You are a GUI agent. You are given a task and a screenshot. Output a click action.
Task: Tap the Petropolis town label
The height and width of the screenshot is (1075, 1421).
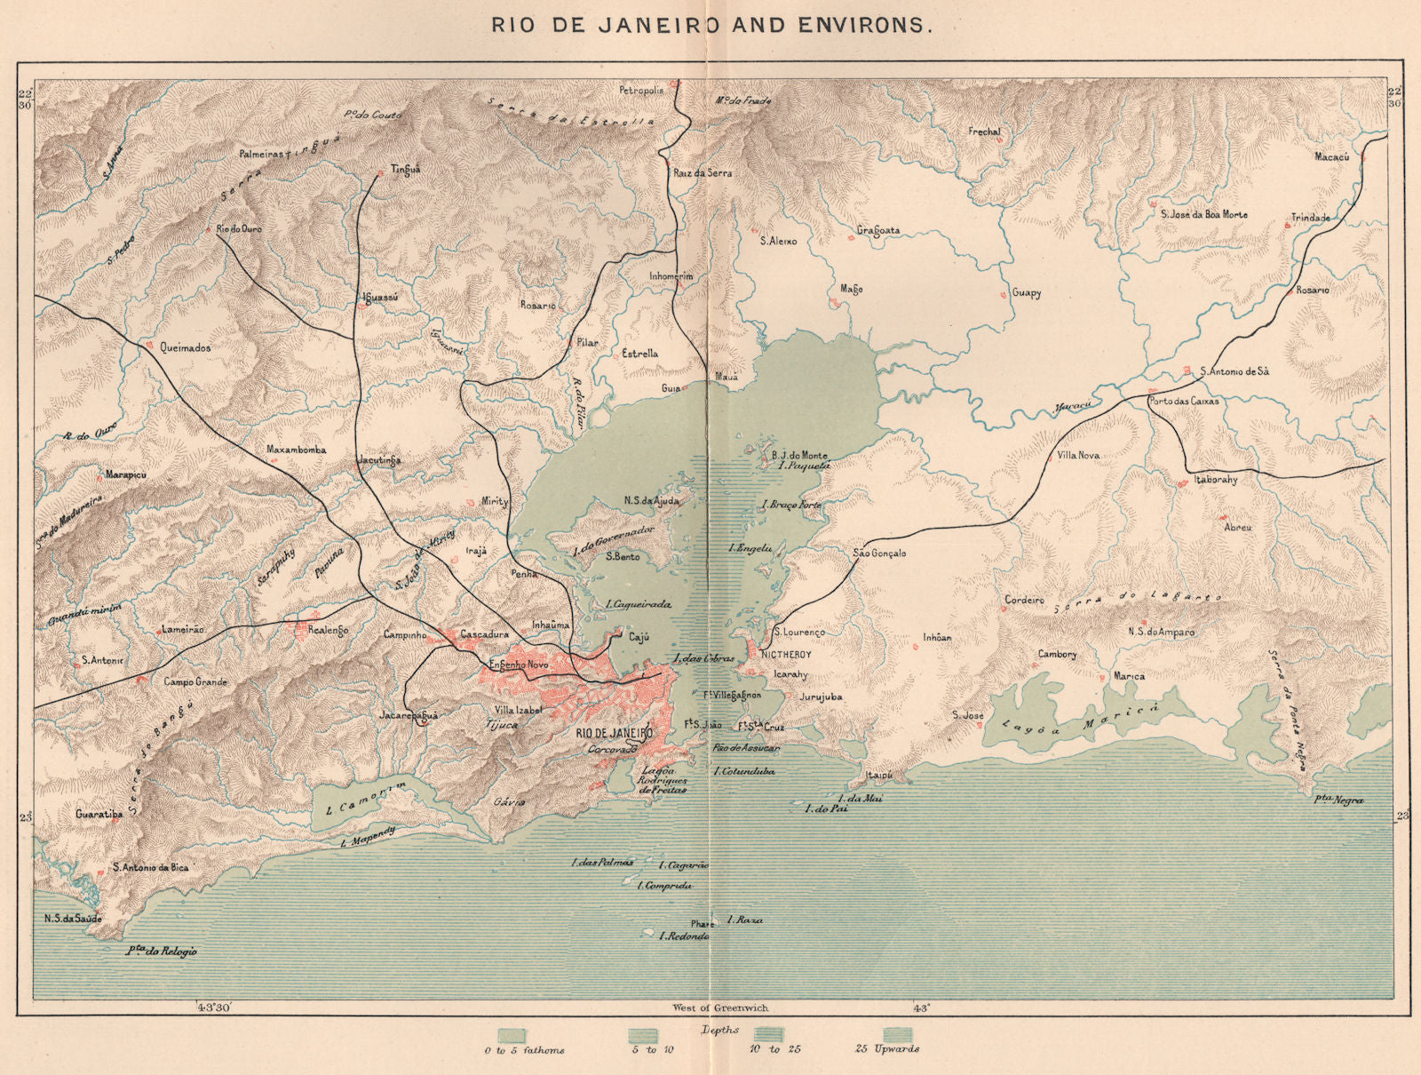click(x=641, y=91)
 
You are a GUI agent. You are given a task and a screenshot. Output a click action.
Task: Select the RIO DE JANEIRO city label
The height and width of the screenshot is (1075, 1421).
click(x=614, y=733)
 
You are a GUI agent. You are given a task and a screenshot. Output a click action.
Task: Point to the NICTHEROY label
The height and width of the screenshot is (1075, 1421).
click(x=786, y=655)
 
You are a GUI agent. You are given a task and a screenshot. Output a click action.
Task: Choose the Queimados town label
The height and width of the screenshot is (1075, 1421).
click(x=186, y=348)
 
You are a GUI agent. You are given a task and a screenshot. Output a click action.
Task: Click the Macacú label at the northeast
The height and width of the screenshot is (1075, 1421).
click(x=1331, y=156)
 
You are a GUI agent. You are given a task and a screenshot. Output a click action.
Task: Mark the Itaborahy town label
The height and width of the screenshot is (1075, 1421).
click(x=1216, y=480)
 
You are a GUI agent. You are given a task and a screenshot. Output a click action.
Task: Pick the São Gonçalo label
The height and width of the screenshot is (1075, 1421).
click(x=879, y=553)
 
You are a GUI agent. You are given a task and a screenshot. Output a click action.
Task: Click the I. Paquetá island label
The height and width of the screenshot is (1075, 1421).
click(x=804, y=465)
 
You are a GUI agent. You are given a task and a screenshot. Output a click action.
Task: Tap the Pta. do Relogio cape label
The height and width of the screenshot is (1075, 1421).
click(x=162, y=951)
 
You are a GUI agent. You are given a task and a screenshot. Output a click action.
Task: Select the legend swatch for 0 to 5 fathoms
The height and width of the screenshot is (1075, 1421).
click(x=511, y=1035)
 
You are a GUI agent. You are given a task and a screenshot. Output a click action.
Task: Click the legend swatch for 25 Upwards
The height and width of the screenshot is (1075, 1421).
click(x=898, y=1035)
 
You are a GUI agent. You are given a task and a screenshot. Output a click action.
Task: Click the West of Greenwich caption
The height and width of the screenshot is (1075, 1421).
click(x=720, y=1007)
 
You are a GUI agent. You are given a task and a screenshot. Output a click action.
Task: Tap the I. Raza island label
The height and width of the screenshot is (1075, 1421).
click(x=744, y=920)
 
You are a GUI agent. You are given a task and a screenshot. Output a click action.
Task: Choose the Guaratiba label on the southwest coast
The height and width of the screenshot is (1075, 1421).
click(x=99, y=814)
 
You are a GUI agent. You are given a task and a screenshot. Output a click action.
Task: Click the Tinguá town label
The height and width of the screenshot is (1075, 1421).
click(x=405, y=170)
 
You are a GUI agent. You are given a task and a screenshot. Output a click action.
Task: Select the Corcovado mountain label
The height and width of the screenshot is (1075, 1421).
click(x=613, y=749)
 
